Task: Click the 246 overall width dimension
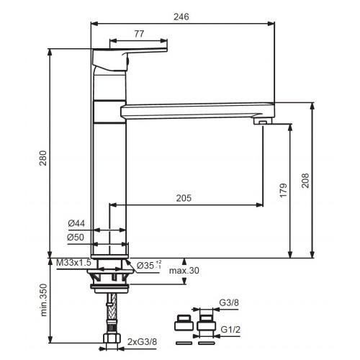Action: pos(181,17)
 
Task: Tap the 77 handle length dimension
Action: pos(139,34)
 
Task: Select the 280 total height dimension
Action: pos(43,158)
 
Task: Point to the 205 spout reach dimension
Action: pos(184,198)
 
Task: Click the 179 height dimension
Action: pos(284,190)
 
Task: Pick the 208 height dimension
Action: pos(305,181)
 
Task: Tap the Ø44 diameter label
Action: pos(76,223)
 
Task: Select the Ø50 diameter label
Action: pos(76,237)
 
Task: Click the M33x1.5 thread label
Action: pos(73,263)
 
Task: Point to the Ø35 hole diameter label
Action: pos(149,265)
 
